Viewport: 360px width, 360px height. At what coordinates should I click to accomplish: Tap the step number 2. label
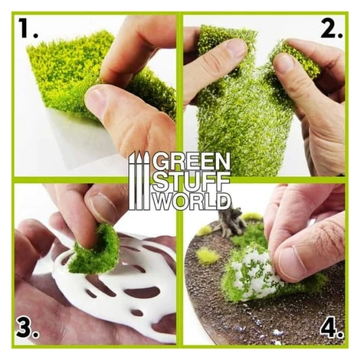(331, 28)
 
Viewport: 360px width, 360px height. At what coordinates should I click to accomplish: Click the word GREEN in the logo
(191, 162)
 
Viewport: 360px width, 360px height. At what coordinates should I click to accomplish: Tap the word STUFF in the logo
(191, 181)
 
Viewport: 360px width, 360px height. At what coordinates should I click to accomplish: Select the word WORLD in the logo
(191, 201)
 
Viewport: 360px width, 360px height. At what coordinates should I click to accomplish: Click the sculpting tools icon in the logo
(139, 181)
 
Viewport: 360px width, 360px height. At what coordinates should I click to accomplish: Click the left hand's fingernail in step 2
(236, 48)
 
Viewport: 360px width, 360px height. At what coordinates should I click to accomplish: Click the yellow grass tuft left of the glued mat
(208, 255)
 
